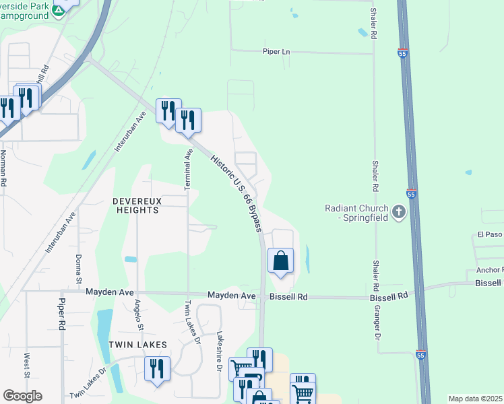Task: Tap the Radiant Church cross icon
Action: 398,213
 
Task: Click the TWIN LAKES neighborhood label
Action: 138,344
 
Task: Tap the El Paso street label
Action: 490,235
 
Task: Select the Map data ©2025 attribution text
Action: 476,399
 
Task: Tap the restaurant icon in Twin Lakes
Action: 158,368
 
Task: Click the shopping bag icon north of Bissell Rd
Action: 281,261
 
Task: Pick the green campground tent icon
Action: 58,10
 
